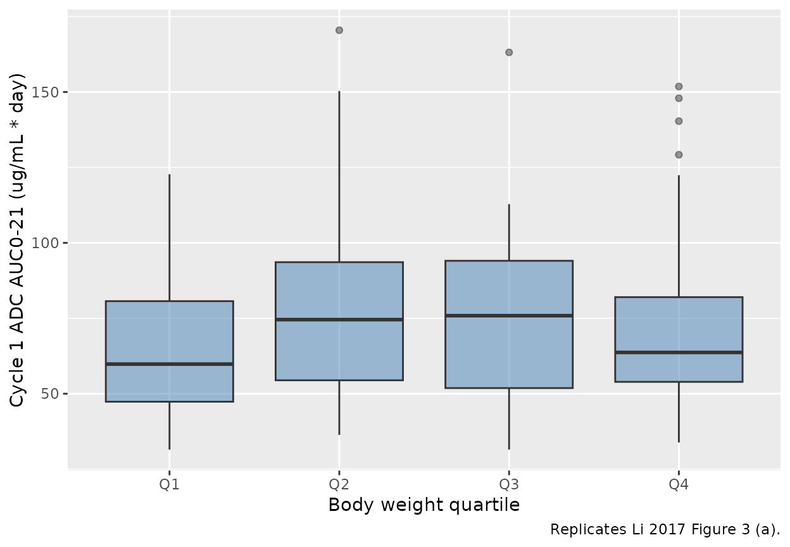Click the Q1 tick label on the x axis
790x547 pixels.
point(169,486)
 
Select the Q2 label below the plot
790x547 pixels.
point(339,486)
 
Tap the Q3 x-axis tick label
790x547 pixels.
point(509,486)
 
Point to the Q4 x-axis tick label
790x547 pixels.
point(679,486)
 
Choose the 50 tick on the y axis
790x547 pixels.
point(55,394)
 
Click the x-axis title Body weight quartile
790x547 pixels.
point(423,505)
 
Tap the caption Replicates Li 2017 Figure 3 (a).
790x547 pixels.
point(665,529)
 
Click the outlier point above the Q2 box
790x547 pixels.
point(339,30)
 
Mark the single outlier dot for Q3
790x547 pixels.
point(509,53)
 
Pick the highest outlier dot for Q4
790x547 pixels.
point(679,86)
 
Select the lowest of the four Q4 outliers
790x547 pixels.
point(679,154)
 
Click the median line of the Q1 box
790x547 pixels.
point(169,364)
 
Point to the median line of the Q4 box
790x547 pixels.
point(679,352)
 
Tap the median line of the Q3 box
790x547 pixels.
point(509,315)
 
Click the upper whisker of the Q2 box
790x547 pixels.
point(339,177)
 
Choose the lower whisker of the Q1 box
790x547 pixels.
point(169,425)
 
